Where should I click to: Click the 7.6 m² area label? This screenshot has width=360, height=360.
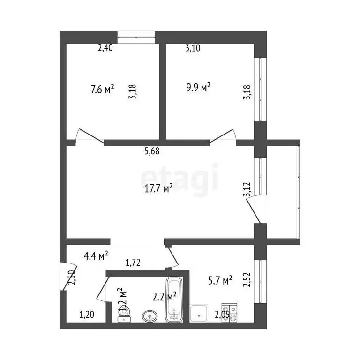coord(102,89)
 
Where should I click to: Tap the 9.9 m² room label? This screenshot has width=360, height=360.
coord(198,87)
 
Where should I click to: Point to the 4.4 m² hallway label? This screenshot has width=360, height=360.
coord(96,256)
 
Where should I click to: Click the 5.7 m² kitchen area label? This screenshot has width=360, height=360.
coord(220,281)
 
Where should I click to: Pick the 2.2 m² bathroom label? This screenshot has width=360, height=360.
coord(164,296)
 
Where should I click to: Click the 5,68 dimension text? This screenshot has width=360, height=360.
coord(152,151)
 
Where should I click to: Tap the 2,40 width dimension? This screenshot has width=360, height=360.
coord(105,47)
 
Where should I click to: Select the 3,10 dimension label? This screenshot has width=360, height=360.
coord(193,47)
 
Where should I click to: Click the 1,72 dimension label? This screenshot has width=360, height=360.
coord(134,263)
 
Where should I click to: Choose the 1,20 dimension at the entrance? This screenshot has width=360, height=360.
coord(86,315)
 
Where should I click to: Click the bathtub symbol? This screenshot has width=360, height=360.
coord(173,300)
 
